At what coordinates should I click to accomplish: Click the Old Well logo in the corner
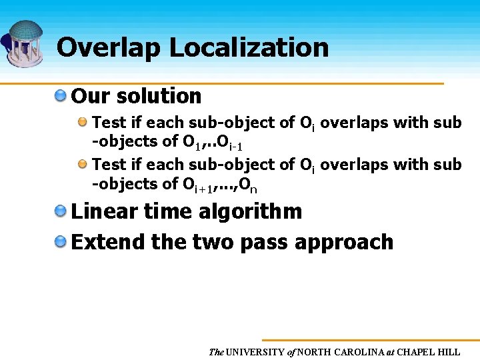(x=25, y=43)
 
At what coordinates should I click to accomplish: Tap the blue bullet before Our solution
(x=61, y=96)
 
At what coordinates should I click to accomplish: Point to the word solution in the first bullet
(x=159, y=96)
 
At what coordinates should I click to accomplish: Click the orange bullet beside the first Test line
(x=83, y=123)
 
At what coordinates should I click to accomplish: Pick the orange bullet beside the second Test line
(x=83, y=164)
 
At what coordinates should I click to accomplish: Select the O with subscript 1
(x=191, y=142)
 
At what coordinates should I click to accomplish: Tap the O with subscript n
(x=248, y=185)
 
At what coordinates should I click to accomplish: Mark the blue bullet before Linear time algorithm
(x=61, y=212)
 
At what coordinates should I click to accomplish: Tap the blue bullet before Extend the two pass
(x=61, y=241)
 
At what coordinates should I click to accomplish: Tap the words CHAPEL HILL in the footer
(x=430, y=351)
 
